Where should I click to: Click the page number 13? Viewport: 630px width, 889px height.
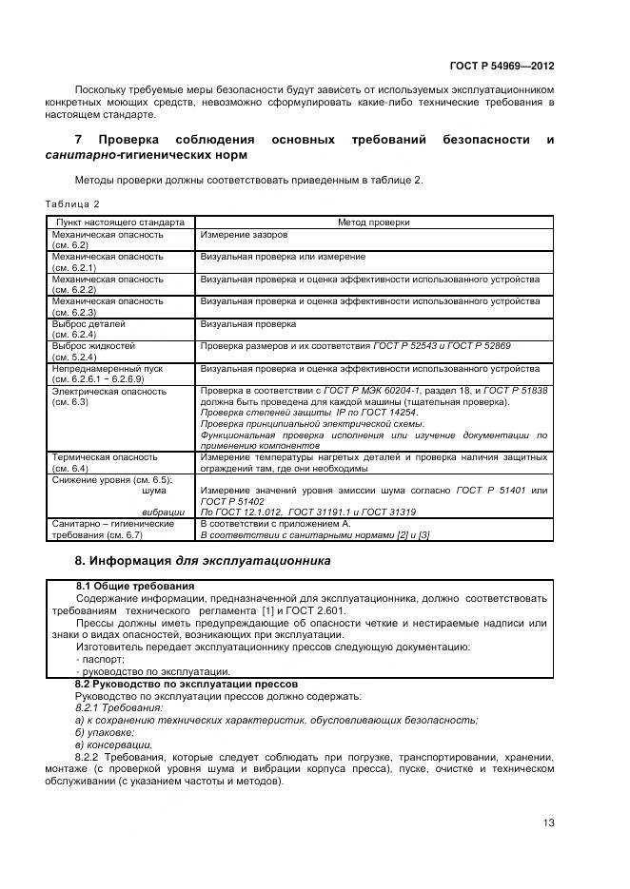[x=548, y=822]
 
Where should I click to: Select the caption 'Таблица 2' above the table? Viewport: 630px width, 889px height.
[x=72, y=203]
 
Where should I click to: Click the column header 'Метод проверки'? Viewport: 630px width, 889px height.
[x=374, y=222]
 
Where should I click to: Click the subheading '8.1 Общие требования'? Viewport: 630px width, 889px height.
[x=135, y=585]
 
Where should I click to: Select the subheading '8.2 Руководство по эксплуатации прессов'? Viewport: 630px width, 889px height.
[x=187, y=684]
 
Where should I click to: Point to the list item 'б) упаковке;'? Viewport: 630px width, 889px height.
[x=104, y=732]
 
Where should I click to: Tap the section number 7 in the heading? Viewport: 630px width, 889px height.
[x=79, y=140]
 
